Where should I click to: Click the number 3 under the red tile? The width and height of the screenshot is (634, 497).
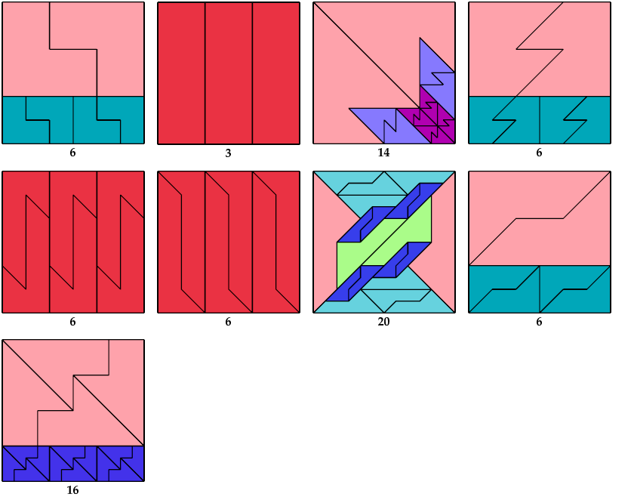(228, 153)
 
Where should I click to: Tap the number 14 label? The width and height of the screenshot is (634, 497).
(383, 153)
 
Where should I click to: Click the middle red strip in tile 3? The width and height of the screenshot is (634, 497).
(228, 73)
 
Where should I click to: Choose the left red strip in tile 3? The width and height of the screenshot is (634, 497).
(181, 73)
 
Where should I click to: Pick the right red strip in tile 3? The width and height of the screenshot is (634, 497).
(275, 73)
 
